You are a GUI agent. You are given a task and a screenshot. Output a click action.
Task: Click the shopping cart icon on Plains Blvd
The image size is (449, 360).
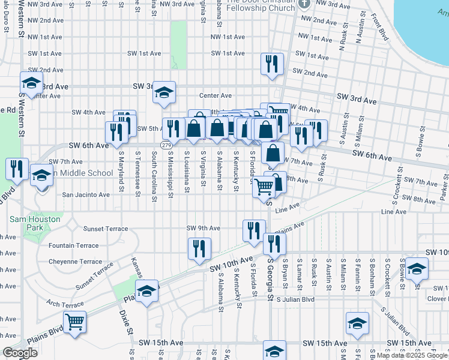click(x=75, y=322)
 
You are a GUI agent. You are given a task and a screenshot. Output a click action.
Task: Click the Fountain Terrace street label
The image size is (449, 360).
click(x=73, y=245)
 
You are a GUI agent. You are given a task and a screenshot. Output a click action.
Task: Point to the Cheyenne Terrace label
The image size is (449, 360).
click(x=75, y=262)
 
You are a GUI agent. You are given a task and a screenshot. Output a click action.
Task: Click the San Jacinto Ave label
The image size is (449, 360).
click(x=86, y=194)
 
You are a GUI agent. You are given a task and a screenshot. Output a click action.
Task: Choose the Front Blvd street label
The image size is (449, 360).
click(x=380, y=27)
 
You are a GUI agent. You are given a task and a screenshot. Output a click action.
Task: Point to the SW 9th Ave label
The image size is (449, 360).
click(x=203, y=228)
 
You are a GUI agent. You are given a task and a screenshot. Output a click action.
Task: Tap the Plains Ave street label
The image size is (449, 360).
click(x=289, y=229)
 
